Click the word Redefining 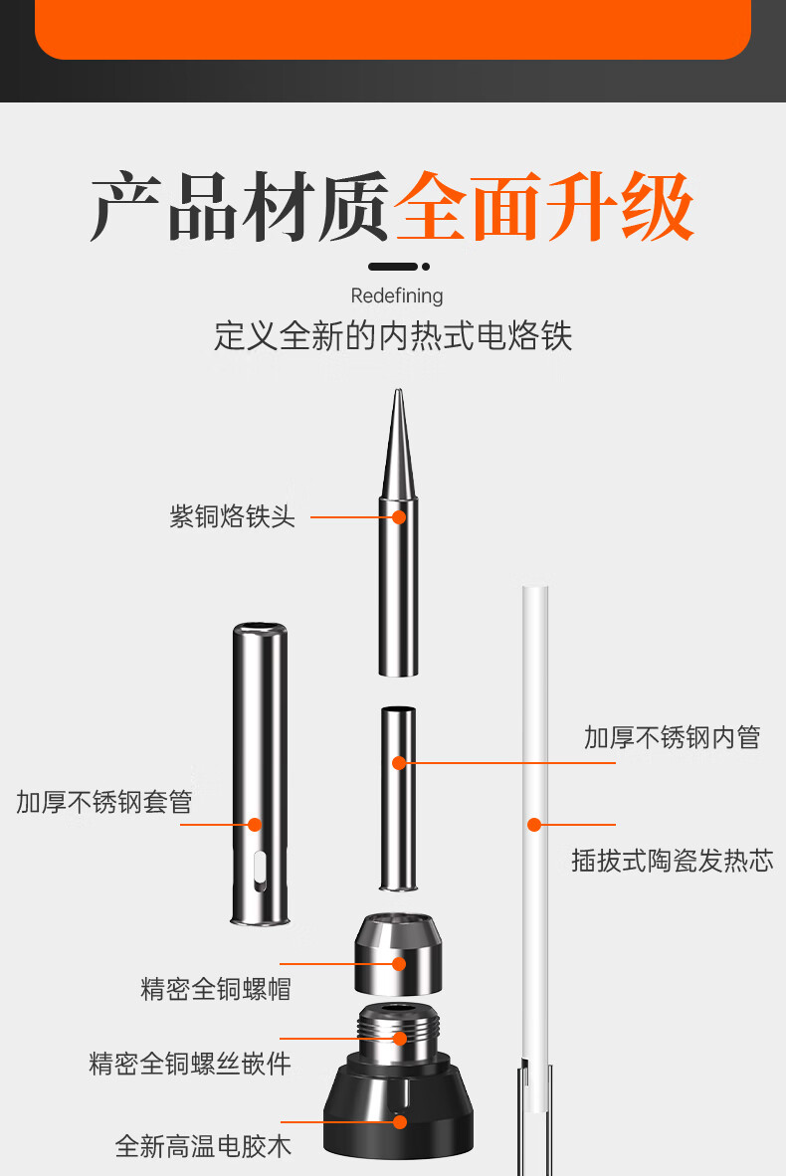[x=397, y=295]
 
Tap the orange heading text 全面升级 [x=544, y=206]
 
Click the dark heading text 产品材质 [x=240, y=206]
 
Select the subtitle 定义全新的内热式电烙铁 [x=393, y=336]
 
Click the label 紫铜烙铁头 [x=233, y=516]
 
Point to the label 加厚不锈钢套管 [x=104, y=803]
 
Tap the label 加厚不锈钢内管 [x=672, y=738]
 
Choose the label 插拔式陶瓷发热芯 [x=672, y=861]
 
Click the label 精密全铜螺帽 [x=216, y=989]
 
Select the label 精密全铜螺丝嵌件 [x=190, y=1064]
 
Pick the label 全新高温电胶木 [x=203, y=1147]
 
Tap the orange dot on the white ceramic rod [x=534, y=825]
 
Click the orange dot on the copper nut [x=399, y=964]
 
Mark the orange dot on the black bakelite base [x=400, y=1122]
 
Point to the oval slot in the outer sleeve [x=260, y=872]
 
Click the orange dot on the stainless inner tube [x=399, y=763]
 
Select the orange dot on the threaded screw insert [x=400, y=1039]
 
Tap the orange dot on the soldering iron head [x=399, y=516]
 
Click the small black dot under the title [x=426, y=267]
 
